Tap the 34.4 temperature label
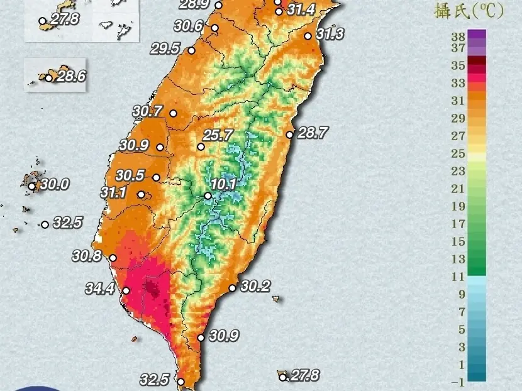100,289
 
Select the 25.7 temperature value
218,135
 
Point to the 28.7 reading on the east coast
313,133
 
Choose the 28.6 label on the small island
71,77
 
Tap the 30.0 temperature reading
55,185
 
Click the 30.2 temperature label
255,287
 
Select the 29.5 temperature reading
165,48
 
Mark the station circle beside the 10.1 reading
208,196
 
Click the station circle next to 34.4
126,290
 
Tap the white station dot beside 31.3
308,36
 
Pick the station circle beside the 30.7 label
173,114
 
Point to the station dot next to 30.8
113,258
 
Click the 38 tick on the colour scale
458,36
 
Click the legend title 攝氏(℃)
469,11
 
